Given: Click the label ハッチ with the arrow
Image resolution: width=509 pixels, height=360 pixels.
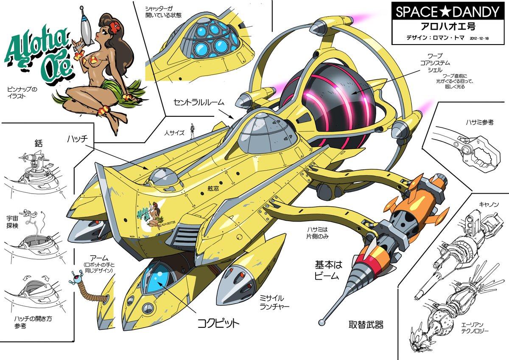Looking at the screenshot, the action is coord(78,139).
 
